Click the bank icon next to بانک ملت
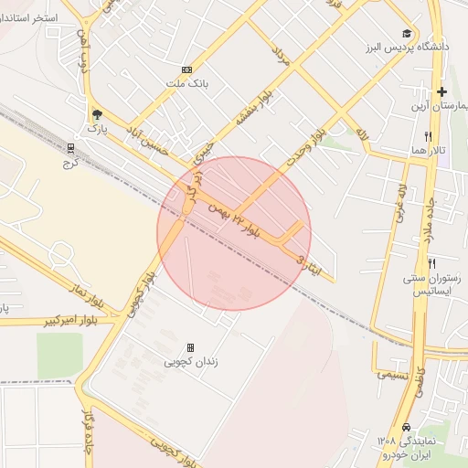click(187, 69)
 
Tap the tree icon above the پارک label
click(97, 114)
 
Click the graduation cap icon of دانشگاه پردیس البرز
click(406, 33)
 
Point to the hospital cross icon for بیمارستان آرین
click(441, 91)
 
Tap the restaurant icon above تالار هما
click(427, 135)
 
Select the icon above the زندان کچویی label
click(190, 347)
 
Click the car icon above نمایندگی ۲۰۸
click(405, 428)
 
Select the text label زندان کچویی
click(191, 362)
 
